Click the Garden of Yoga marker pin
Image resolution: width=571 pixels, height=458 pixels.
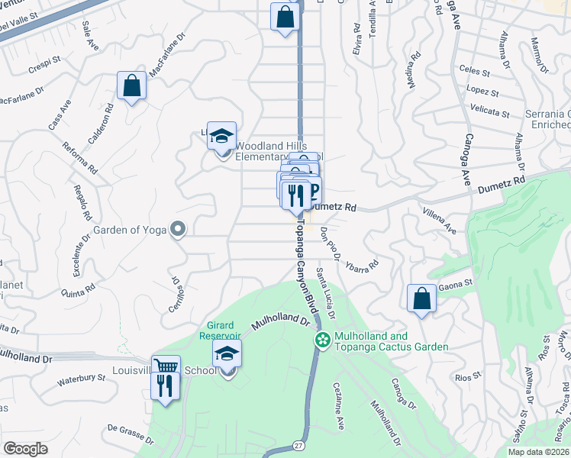pyautogui.click(x=178, y=229)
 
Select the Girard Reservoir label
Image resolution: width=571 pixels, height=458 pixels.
pyautogui.click(x=221, y=331)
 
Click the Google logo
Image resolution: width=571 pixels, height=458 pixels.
pyautogui.click(x=25, y=448)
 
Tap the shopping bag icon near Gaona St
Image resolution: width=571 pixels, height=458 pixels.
pyautogui.click(x=421, y=299)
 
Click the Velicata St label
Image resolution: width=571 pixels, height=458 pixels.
pyautogui.click(x=489, y=113)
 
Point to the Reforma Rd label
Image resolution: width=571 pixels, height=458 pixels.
pyautogui.click(x=79, y=157)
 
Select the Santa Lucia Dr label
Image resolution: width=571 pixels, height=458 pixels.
pyautogui.click(x=326, y=293)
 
